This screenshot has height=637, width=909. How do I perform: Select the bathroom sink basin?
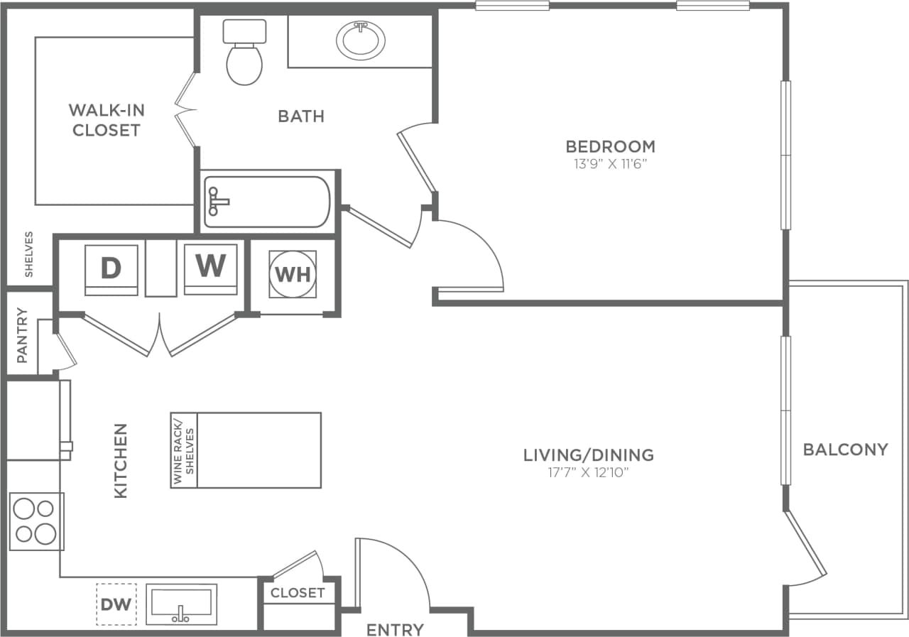(361, 40)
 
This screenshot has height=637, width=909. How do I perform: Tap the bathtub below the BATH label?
(267, 202)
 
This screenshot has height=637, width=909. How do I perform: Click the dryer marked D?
(111, 269)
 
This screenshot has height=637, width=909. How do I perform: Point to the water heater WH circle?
(293, 274)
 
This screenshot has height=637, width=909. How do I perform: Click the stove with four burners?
(36, 521)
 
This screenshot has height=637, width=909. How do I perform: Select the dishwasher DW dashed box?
(116, 604)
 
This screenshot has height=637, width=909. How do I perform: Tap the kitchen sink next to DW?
(181, 604)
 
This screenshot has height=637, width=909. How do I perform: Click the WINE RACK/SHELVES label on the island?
(183, 450)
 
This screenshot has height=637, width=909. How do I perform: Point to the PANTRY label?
(22, 335)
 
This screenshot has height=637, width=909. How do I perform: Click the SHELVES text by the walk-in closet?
(29, 254)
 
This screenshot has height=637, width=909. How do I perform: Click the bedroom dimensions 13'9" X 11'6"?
(610, 164)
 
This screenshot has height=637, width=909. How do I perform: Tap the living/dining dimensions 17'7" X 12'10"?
(588, 472)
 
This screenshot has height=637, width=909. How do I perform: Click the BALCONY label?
(845, 450)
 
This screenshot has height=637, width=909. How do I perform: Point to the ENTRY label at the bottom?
(395, 629)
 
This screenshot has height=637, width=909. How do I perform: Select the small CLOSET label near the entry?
(298, 592)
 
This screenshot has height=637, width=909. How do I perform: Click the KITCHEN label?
(121, 460)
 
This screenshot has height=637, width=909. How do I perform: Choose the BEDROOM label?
(610, 146)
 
